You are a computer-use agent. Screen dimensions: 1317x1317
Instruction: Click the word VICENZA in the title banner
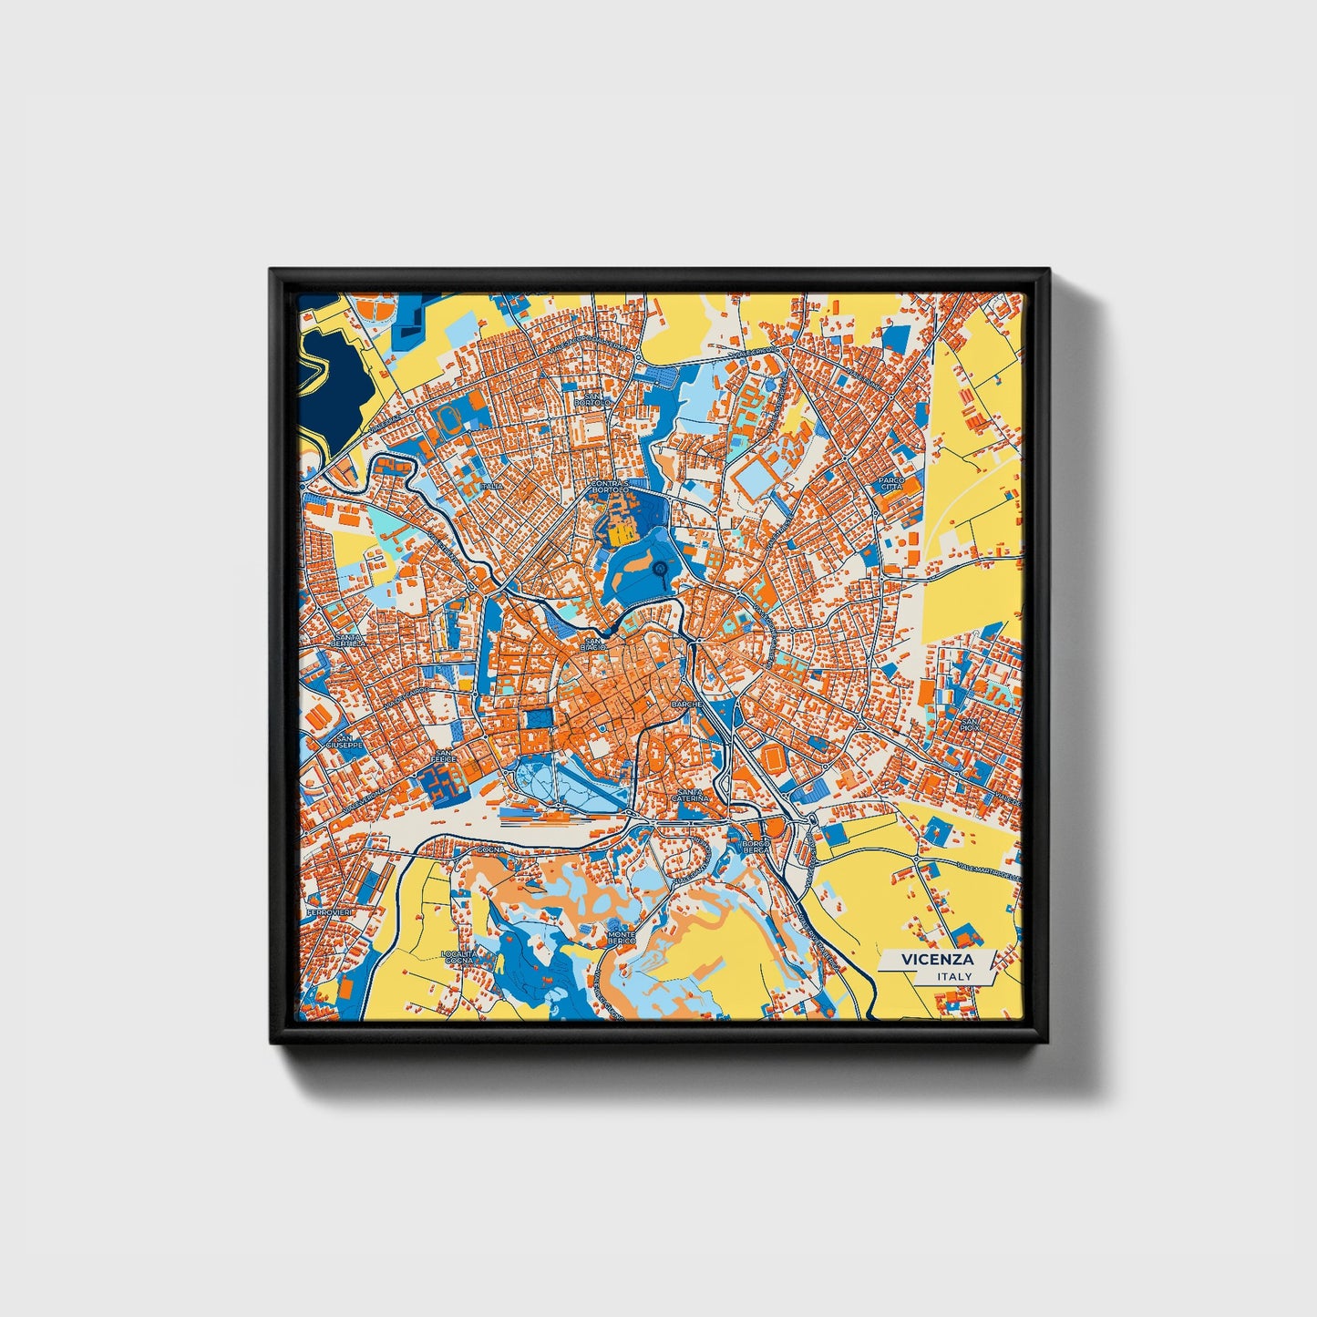click(937, 959)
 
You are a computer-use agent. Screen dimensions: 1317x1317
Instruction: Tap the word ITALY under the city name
click(953, 976)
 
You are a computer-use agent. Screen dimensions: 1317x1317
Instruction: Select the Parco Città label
click(890, 483)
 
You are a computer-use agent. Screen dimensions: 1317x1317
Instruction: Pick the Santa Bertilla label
click(349, 641)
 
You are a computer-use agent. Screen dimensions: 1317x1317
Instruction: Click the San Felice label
click(444, 756)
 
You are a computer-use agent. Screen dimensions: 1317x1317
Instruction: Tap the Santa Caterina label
click(690, 795)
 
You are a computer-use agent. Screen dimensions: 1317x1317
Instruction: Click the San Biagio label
click(594, 643)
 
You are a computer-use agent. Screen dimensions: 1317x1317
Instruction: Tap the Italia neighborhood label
click(491, 487)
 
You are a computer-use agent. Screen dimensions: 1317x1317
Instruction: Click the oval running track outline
click(448, 419)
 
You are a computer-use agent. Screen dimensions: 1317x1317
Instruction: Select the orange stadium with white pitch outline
click(773, 757)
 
